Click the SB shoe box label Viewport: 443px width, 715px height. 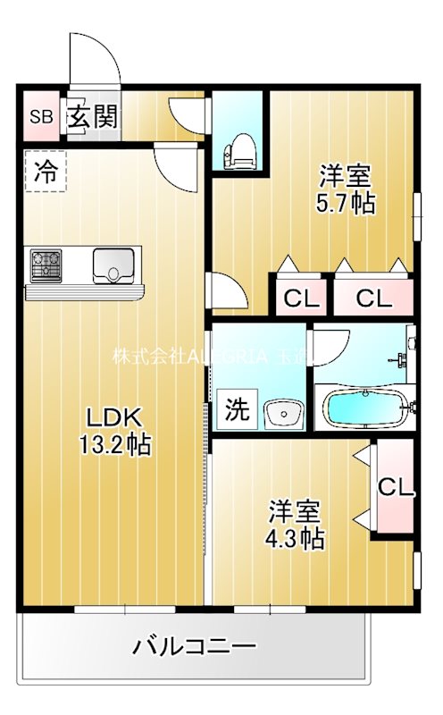pos(41,116)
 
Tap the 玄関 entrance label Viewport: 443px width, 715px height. pos(92,116)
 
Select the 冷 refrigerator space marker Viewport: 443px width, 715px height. pos(45,172)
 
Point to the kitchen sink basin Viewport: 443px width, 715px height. pos(113,265)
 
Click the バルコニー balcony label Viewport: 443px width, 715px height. pos(195,646)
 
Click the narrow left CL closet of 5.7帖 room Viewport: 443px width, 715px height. pos(301,298)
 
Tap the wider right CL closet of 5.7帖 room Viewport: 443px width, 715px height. pos(373,298)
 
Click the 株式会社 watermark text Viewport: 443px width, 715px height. pos(146,355)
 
